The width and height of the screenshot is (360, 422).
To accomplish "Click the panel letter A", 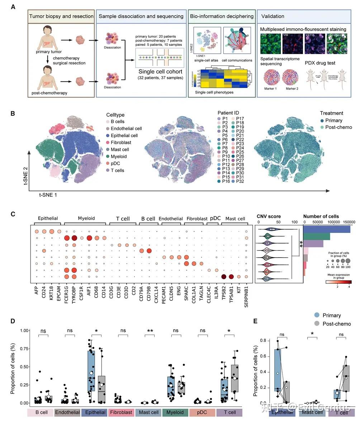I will click(13, 7).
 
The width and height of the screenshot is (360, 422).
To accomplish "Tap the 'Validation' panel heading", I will click(273, 16).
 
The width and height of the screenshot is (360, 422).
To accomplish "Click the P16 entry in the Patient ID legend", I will click(226, 182).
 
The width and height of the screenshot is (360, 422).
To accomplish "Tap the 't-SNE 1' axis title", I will click(48, 195).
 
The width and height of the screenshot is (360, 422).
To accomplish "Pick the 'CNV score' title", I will click(269, 216).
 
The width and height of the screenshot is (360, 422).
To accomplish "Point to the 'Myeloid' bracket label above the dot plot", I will click(87, 218).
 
